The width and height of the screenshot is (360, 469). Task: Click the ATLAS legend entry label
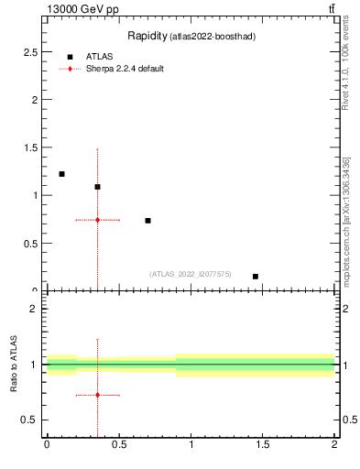click(99, 57)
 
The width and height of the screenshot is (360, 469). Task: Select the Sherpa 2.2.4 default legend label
click(125, 69)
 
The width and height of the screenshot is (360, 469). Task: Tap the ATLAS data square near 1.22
click(61, 174)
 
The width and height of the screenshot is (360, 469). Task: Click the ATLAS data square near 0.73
click(147, 221)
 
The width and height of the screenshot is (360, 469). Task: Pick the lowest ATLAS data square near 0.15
click(256, 277)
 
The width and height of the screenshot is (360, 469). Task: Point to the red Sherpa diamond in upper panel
click(97, 220)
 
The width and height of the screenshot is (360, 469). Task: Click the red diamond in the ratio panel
click(97, 395)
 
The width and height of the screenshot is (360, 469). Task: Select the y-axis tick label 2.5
click(32, 51)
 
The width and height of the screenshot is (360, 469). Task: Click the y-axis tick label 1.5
click(32, 147)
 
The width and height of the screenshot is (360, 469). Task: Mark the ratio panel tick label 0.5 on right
click(348, 420)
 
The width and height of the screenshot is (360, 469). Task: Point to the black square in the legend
click(70, 57)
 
